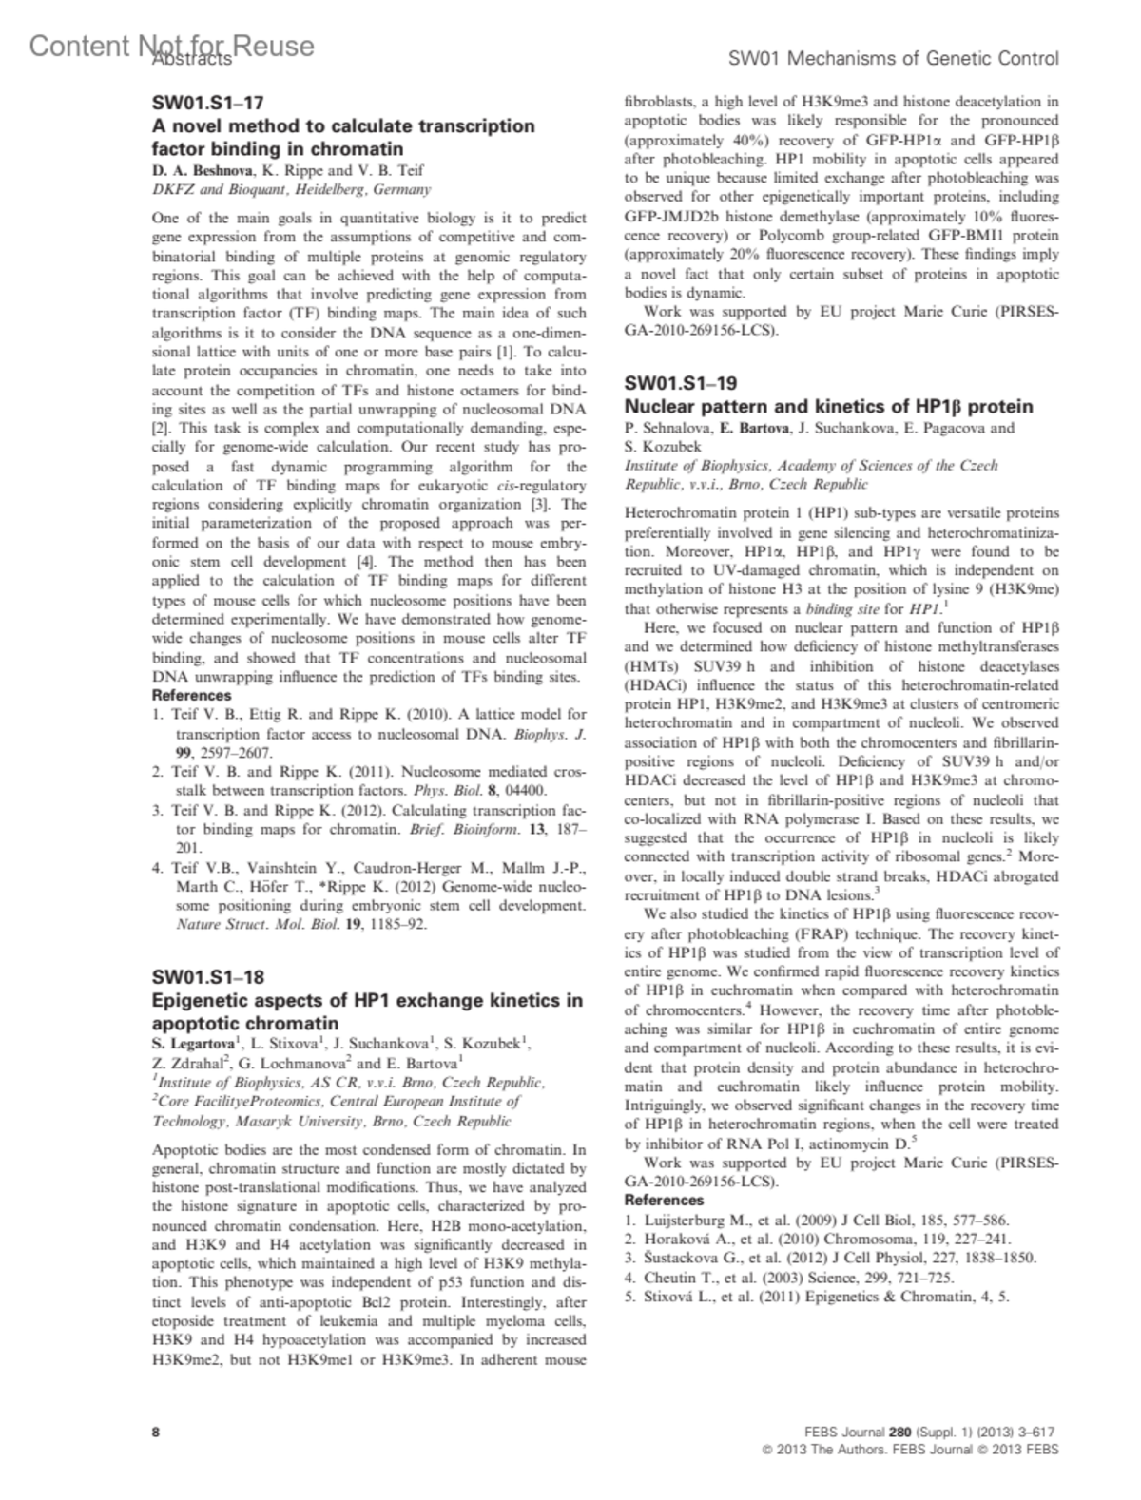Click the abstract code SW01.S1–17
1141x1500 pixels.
click(x=207, y=103)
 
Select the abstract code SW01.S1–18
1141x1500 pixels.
click(x=208, y=977)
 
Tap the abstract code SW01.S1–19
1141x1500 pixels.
click(x=680, y=384)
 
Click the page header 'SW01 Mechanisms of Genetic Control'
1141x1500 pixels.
click(x=893, y=59)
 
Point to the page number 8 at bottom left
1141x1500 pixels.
click(x=156, y=1432)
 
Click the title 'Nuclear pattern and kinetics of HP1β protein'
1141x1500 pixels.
click(x=828, y=407)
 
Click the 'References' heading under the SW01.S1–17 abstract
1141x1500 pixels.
click(x=191, y=695)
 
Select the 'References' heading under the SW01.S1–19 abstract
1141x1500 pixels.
click(x=664, y=1201)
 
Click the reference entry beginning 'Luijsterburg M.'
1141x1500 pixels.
click(x=817, y=1221)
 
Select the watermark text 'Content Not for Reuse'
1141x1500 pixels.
click(x=171, y=46)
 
